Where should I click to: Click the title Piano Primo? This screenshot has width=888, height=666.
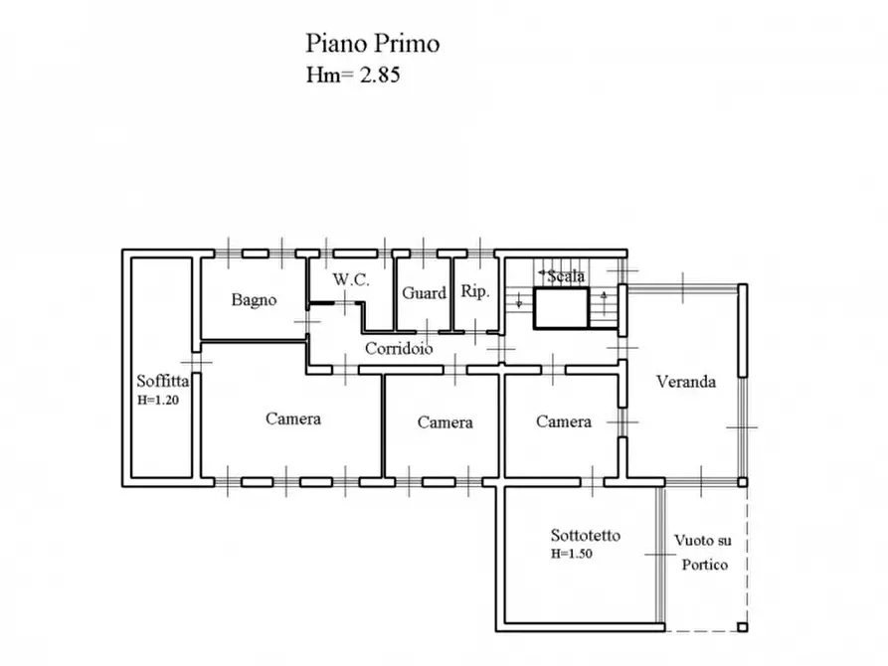[371, 44]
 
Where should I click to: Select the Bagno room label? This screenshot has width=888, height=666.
[254, 299]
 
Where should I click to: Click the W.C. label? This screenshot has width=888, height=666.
[351, 280]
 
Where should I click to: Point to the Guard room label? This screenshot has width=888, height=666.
[424, 293]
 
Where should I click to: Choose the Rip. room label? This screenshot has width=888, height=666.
[472, 292]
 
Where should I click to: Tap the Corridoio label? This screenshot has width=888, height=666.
[398, 349]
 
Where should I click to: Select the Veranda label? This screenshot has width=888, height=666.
[685, 382]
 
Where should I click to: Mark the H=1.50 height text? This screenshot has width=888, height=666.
[572, 555]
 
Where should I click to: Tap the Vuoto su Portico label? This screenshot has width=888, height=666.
[702, 553]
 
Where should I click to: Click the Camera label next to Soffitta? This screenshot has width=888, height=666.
[292, 418]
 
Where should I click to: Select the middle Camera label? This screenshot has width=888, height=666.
[444, 422]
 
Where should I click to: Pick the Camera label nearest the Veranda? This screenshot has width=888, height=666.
[564, 421]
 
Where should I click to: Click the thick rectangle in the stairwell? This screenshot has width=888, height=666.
[561, 308]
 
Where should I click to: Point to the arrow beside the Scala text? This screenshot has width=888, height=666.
[542, 272]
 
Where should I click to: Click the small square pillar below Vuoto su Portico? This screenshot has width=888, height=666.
[742, 627]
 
